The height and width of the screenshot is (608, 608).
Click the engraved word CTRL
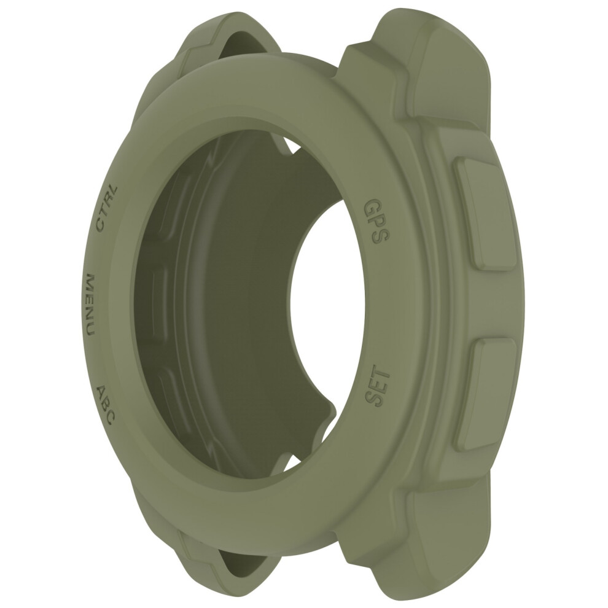[106, 209]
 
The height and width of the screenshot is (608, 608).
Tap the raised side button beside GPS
[486, 213]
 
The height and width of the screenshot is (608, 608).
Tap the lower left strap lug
[217, 558]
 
